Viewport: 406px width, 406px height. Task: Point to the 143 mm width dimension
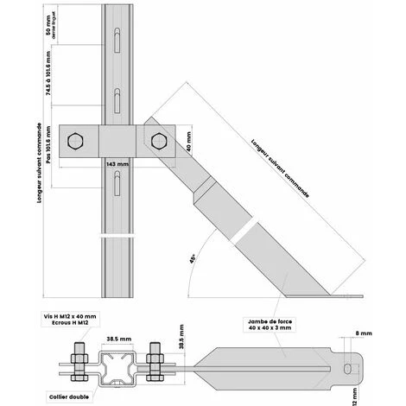pyautogui.click(x=117, y=162)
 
